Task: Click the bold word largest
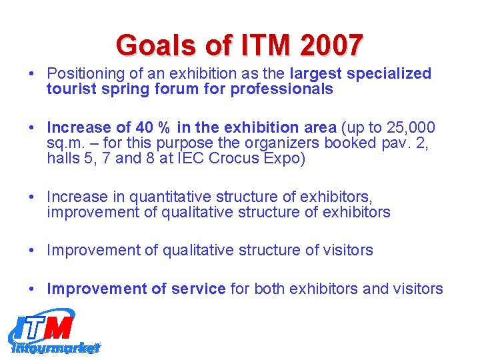pos(316,73)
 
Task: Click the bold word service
pos(198,289)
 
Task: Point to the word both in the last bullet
pos(271,289)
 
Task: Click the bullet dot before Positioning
pos(33,74)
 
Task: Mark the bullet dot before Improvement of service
pos(33,289)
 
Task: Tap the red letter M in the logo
pos(60,327)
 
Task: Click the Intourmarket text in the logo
pos(56,347)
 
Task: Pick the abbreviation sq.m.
pos(65,143)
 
